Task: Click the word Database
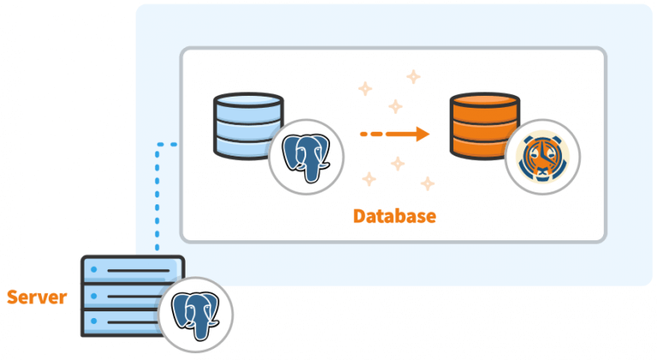point(394,216)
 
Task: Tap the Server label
point(37,298)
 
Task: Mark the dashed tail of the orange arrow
point(376,133)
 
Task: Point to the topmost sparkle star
point(413,77)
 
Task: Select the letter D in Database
point(359,216)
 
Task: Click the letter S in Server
point(13,298)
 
